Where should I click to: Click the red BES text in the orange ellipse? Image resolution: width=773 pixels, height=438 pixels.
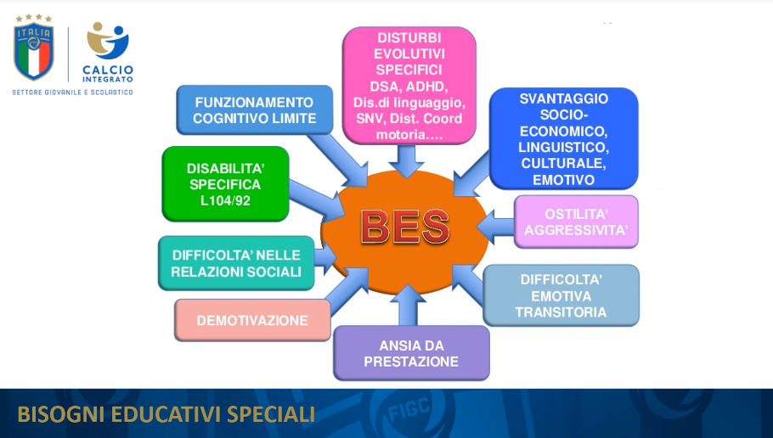405,227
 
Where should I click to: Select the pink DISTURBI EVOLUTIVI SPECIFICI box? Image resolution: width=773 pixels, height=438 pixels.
409,86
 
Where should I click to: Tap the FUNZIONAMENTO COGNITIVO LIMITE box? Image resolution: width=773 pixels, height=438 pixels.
254,109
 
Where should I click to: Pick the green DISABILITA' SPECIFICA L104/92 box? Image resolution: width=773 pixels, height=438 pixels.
225,183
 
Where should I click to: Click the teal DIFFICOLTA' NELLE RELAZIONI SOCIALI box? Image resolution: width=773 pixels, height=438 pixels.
236,263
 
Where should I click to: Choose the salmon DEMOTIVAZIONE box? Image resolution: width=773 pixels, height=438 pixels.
252,320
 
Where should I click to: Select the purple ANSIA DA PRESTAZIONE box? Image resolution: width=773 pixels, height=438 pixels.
412,353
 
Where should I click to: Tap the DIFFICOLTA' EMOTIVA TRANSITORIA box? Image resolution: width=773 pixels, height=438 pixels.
561,295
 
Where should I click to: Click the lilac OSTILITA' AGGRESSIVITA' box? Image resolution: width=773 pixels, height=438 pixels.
576,222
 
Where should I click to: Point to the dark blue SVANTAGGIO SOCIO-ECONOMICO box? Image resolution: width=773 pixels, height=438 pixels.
563,138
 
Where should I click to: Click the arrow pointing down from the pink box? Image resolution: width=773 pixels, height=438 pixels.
406,161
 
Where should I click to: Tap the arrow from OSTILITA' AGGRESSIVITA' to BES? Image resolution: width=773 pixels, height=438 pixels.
495,227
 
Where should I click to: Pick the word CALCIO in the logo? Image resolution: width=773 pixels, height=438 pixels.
108,70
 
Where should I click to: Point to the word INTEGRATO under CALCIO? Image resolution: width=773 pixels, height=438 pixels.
108,79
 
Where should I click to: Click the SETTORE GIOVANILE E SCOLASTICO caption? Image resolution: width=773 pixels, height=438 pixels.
72,93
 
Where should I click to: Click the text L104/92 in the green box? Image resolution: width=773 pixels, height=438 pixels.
225,200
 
